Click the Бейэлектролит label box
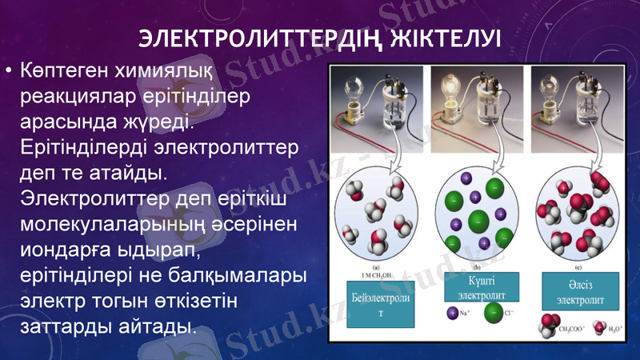[379, 305]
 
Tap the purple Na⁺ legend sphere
[453, 330]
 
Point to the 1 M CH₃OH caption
[378, 277]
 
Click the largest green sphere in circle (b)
[478, 218]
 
